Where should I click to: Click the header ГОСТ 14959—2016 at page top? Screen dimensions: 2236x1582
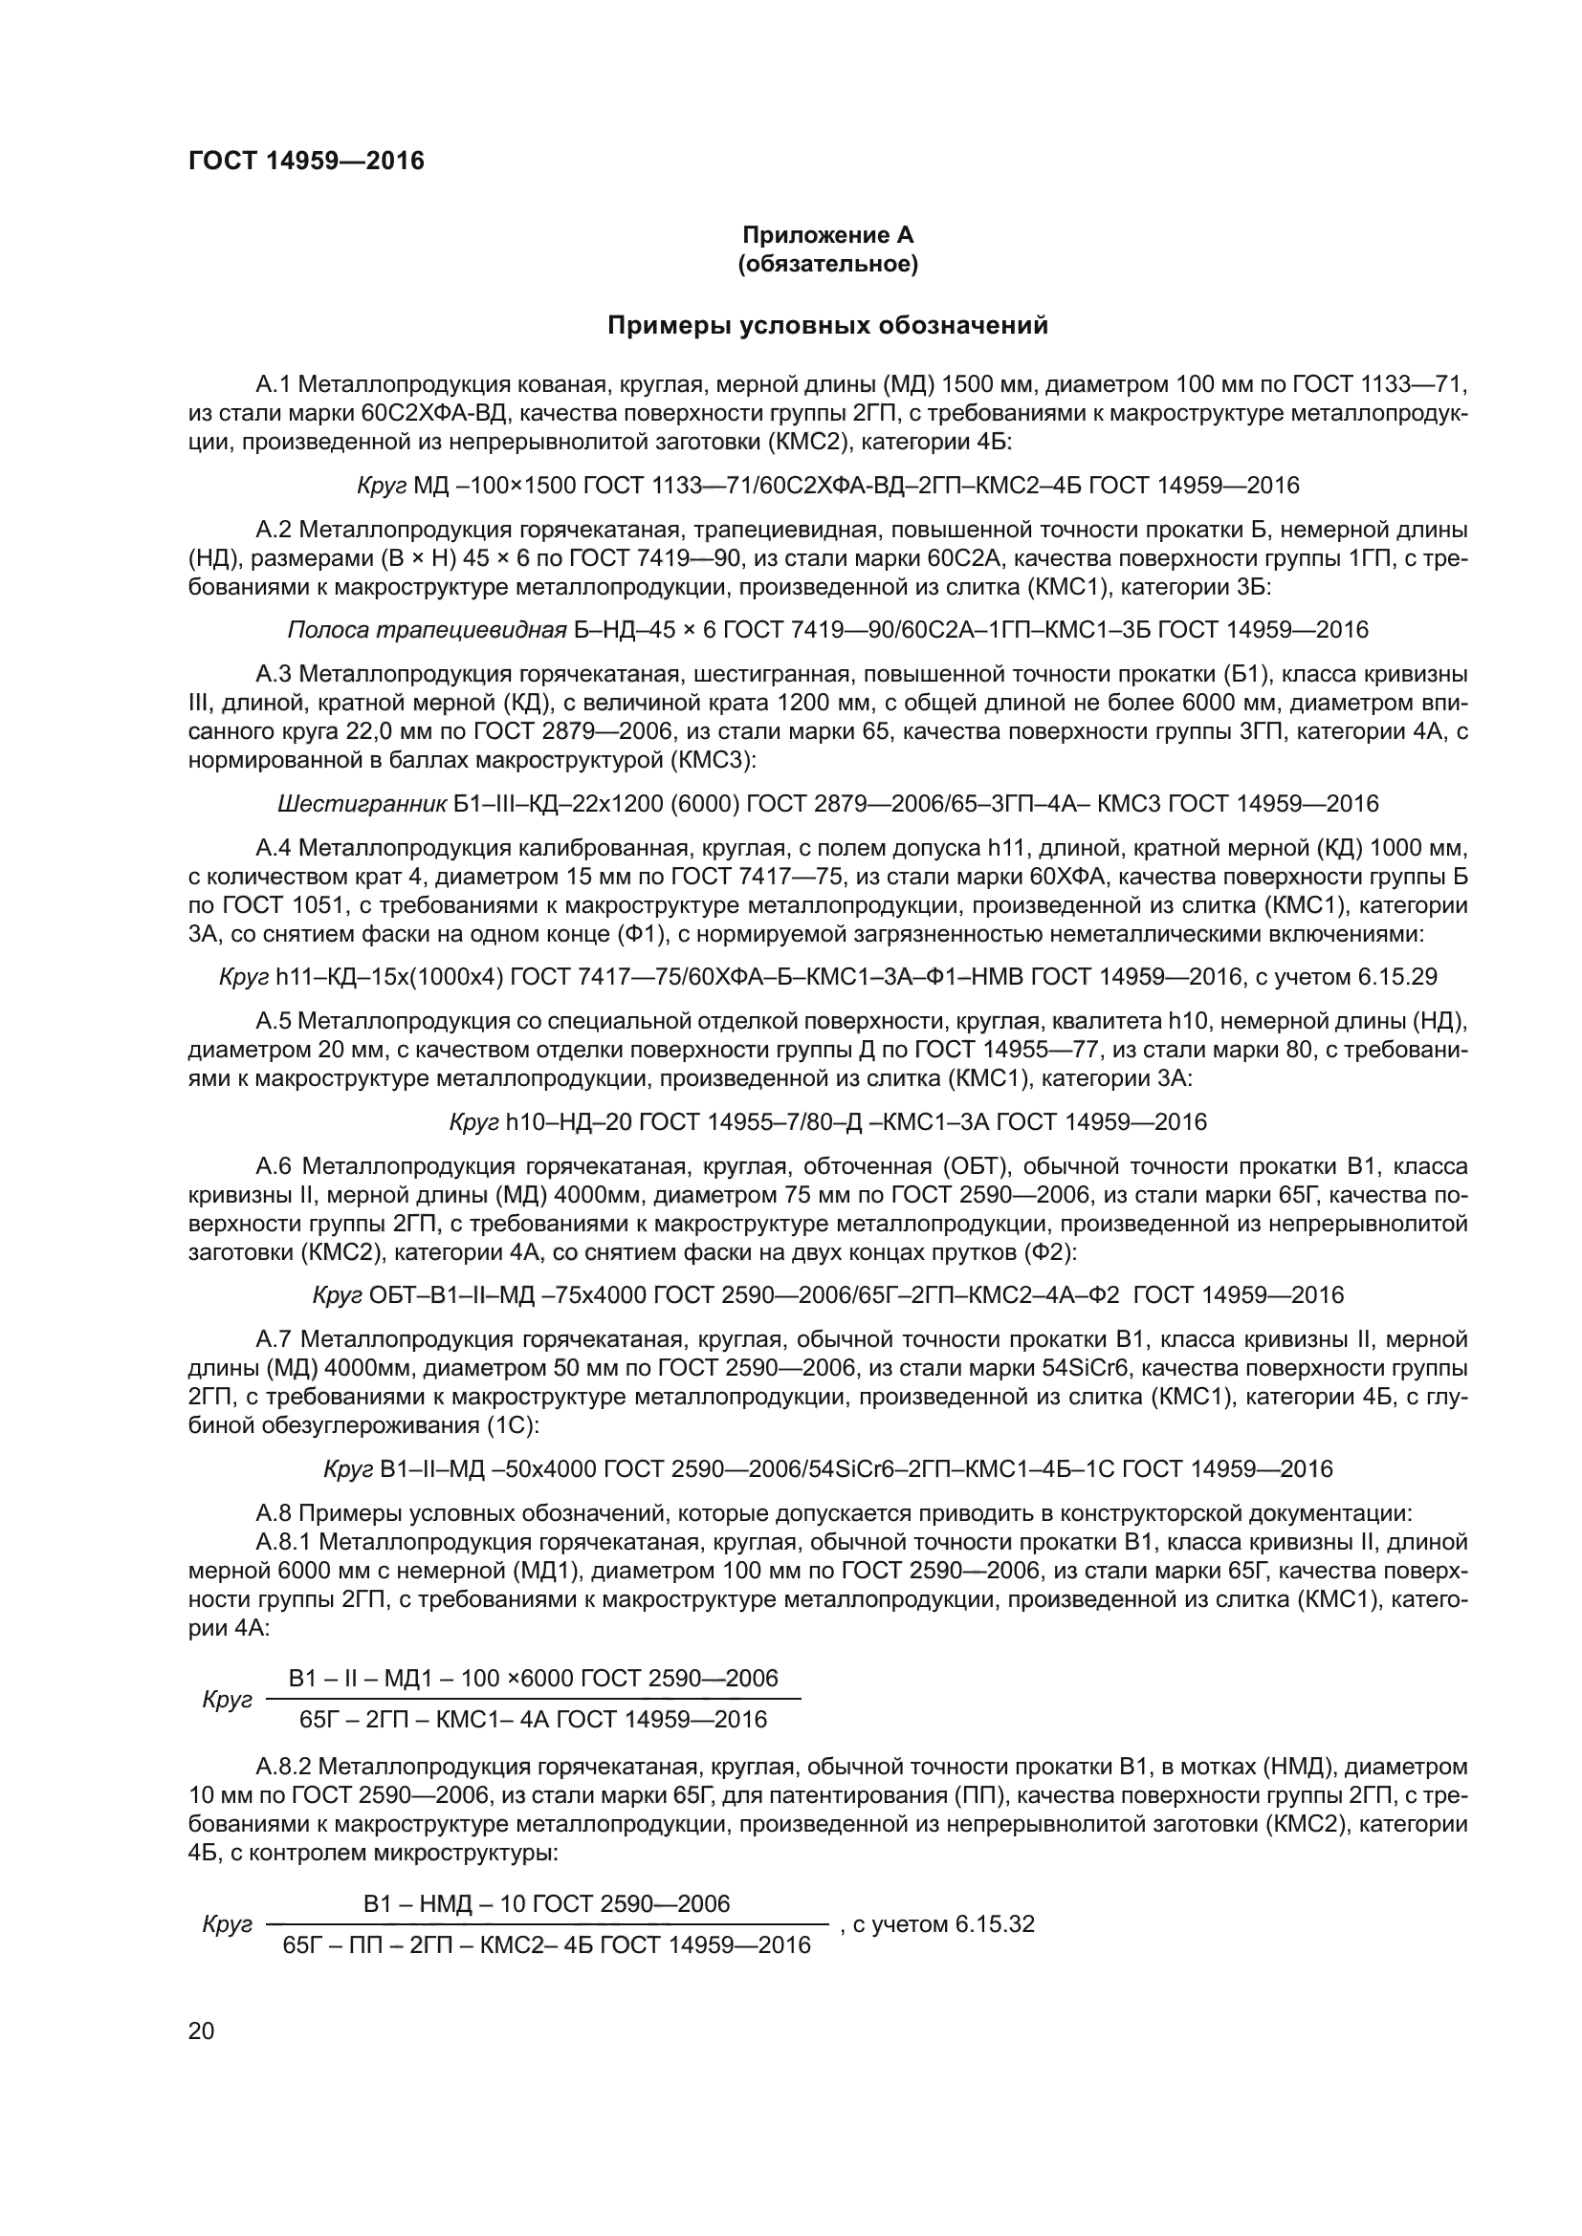coord(307,161)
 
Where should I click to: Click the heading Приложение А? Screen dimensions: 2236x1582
coord(828,235)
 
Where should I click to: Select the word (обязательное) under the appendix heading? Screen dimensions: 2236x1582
coord(828,264)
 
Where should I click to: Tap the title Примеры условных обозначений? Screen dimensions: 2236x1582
coord(828,325)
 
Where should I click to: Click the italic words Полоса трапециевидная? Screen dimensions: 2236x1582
coord(427,630)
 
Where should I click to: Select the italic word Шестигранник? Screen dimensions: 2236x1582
coord(363,803)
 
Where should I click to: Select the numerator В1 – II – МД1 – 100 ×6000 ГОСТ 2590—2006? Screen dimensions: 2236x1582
coord(533,1678)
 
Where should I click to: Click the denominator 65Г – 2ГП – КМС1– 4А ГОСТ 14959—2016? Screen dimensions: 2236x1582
coord(533,1720)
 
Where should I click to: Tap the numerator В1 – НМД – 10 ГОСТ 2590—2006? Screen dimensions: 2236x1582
coord(546,1904)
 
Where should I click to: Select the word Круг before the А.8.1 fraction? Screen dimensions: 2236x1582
coord(227,1700)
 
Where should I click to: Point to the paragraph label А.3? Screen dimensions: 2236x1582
coord(273,674)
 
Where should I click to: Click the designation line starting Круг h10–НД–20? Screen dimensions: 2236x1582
coord(828,1122)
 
